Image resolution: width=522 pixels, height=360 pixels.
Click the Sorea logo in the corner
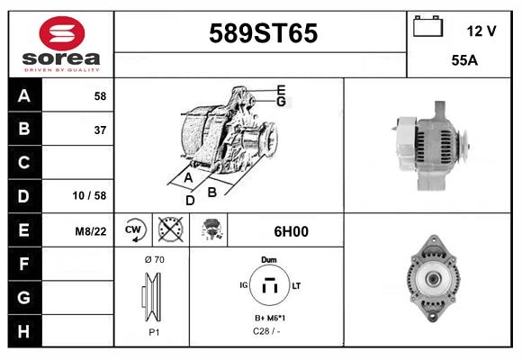61,45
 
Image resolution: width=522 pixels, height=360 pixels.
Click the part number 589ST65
263,33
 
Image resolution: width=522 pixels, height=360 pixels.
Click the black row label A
24,96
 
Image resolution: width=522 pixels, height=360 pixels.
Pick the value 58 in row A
99,96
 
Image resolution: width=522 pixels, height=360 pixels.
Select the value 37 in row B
99,130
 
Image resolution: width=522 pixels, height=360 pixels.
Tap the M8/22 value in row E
91,231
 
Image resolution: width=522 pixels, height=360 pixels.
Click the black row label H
24,330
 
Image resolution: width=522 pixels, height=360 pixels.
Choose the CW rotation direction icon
133,230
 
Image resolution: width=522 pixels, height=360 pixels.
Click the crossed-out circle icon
170,230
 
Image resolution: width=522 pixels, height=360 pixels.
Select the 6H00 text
291,231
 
